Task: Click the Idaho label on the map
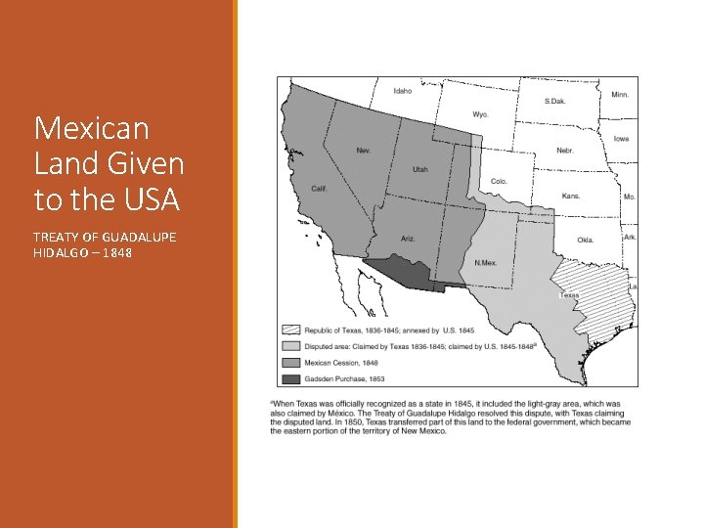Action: [x=403, y=91]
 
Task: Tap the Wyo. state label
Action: [x=480, y=114]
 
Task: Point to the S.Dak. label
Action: [x=554, y=102]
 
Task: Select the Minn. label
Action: [x=620, y=95]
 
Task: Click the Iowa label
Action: [x=621, y=139]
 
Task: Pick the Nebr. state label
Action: [x=565, y=151]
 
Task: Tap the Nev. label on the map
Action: [x=364, y=151]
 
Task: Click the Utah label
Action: [x=420, y=169]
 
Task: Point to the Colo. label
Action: [x=499, y=181]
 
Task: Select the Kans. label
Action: [x=571, y=196]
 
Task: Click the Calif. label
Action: [x=319, y=188]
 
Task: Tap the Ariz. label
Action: [x=409, y=240]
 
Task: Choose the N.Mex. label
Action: [x=486, y=263]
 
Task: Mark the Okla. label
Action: [x=585, y=240]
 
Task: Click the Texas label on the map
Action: [x=569, y=295]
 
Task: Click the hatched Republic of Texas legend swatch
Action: [x=290, y=330]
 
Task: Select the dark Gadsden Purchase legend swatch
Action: [x=290, y=377]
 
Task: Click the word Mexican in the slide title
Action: [x=91, y=128]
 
